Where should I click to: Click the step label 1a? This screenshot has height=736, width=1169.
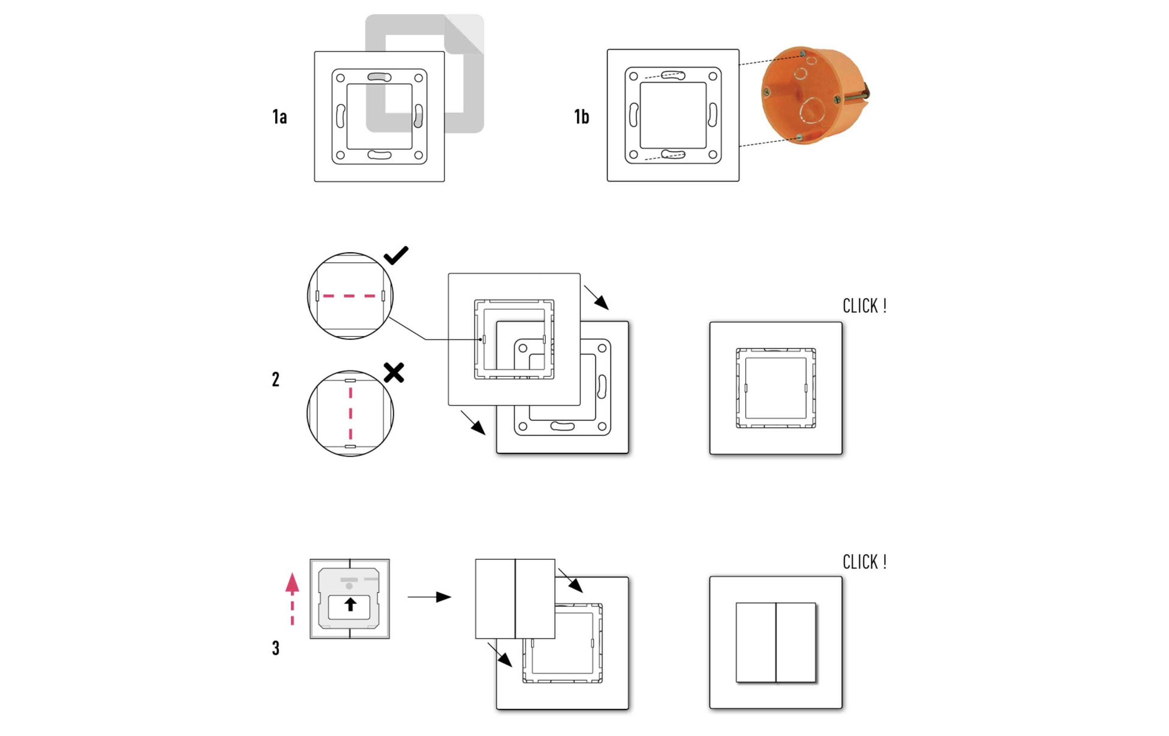(280, 117)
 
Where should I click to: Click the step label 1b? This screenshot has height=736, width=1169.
(582, 117)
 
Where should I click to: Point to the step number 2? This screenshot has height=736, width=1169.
(276, 379)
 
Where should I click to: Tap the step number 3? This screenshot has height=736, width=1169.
(276, 648)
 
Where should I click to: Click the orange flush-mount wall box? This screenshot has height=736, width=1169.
(815, 95)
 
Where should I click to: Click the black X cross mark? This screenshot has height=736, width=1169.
(394, 373)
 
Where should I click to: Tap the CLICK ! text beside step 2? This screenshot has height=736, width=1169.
(865, 306)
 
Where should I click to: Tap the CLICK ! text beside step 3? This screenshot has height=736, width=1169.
(865, 562)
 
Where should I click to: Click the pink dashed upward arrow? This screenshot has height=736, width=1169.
(292, 598)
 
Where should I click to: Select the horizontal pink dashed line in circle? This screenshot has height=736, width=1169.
(350, 295)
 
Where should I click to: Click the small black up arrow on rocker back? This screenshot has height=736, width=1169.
(350, 604)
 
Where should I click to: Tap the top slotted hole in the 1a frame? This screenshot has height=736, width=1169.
(379, 77)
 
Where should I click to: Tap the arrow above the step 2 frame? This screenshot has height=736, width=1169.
(596, 297)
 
